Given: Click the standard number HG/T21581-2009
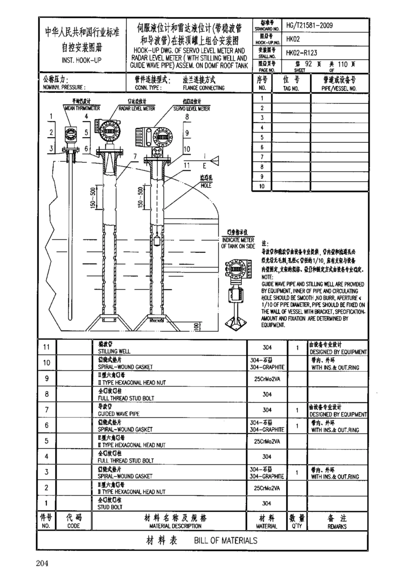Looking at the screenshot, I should (309, 25).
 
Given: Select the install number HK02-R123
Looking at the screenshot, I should (301, 53).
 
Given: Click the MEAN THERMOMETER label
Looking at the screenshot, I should (82, 108).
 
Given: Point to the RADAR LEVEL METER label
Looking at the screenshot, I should (137, 109).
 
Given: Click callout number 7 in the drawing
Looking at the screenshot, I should (135, 157).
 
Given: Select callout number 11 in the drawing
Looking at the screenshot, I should (187, 166).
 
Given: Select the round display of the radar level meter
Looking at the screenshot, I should (108, 131).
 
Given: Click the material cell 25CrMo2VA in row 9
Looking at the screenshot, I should (267, 379).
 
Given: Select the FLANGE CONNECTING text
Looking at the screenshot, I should (204, 88).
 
